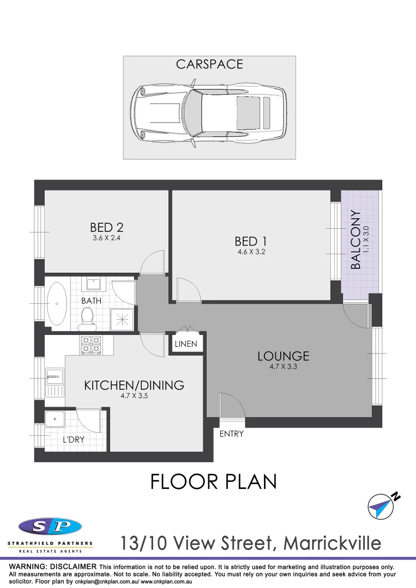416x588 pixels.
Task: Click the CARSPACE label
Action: coord(209,64)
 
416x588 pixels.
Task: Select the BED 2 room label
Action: coord(110,228)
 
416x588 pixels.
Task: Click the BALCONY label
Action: coord(356,240)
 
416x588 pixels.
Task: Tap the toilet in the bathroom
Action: coord(87,318)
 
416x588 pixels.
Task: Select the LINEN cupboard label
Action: coord(186,344)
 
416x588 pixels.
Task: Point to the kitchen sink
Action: coord(55,375)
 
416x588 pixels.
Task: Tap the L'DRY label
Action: coord(73,439)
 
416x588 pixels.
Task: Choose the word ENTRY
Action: coord(231,434)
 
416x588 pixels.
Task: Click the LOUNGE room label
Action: coord(283,357)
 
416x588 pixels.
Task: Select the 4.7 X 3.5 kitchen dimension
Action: coord(134,396)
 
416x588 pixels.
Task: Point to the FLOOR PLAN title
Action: coord(213,481)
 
